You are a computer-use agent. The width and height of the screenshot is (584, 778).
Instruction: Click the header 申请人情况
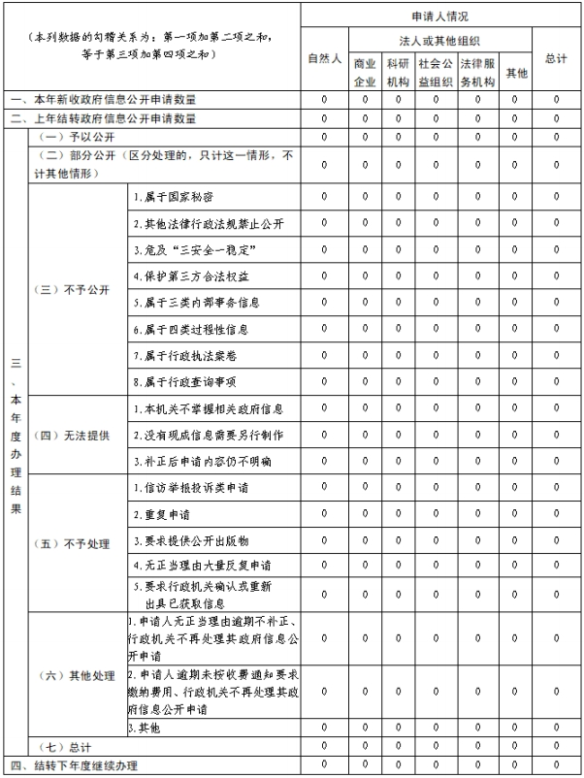pos(440,16)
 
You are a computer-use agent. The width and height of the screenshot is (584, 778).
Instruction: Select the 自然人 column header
pos(324,59)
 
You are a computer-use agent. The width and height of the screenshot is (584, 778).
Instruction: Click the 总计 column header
pos(556,59)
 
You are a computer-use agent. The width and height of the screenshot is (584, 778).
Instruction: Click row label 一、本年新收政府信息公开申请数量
pos(104,99)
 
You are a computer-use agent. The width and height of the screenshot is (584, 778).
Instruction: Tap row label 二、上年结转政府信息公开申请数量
pos(104,118)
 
